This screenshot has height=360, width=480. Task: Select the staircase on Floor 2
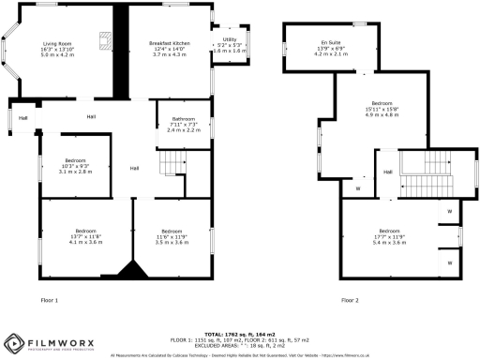pyautogui.click(x=427, y=172)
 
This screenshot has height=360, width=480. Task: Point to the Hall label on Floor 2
pyautogui.click(x=387, y=172)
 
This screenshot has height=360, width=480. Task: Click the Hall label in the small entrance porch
pyautogui.click(x=22, y=117)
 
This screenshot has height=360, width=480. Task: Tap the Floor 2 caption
pyautogui.click(x=350, y=300)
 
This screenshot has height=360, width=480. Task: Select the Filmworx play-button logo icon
pyautogui.click(x=16, y=343)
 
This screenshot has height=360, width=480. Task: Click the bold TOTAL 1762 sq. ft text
pyautogui.click(x=240, y=334)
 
